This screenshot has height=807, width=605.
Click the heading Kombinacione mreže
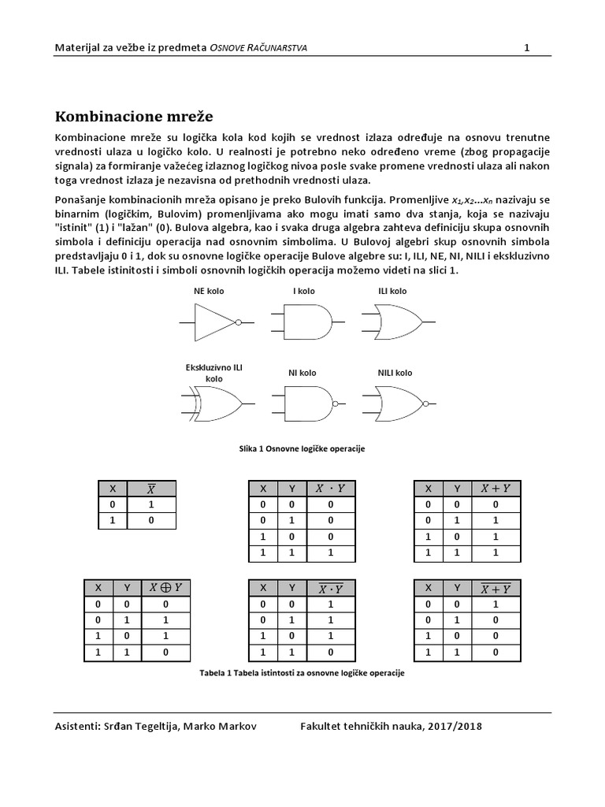134,117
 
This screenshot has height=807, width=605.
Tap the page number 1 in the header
526,48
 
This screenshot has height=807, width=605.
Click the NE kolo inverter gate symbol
215,322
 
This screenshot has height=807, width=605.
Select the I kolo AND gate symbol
302,322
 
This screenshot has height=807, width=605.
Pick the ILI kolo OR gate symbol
393,322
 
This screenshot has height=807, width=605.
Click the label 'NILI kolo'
394,373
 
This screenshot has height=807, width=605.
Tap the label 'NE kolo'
209,291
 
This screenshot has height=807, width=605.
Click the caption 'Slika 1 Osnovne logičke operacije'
302,448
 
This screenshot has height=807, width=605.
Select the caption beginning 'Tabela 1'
302,675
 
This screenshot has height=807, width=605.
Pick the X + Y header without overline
496,488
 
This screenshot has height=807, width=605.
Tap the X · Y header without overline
330,488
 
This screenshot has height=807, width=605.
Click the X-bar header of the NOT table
150,488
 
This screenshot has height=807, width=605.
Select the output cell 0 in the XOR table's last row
165,653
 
